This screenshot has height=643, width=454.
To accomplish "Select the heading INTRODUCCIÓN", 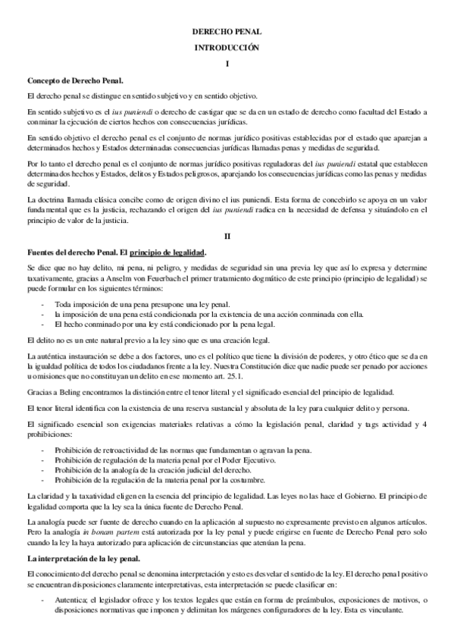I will tap(227, 48).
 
